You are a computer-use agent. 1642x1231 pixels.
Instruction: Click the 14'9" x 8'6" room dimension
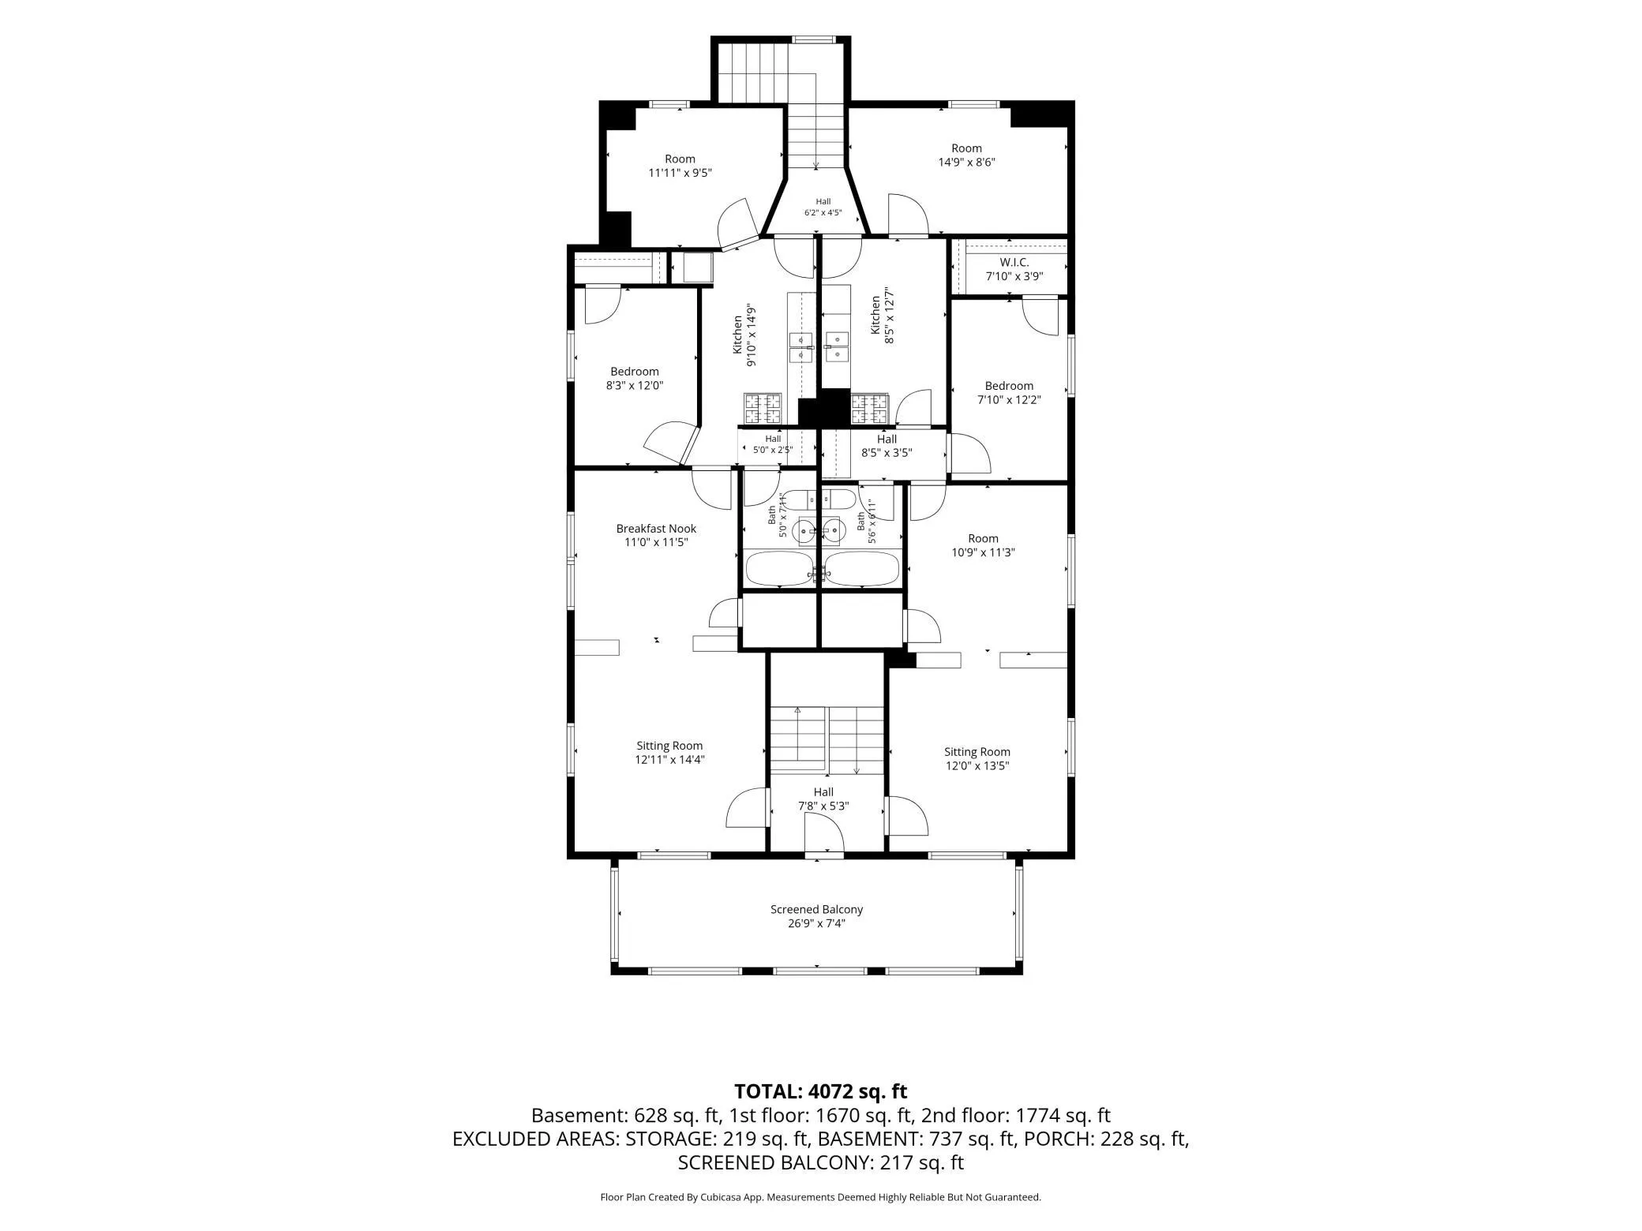966,163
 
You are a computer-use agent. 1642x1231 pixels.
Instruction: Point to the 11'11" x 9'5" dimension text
680,173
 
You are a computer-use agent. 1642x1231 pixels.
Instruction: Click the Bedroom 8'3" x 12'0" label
634,379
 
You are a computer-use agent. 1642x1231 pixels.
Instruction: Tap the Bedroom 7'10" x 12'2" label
1009,393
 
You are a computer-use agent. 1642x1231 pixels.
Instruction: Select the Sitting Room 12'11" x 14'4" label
669,753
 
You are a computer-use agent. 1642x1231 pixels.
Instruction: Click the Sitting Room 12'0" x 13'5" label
977,758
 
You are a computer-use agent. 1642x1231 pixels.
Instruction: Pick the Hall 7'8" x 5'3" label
823,799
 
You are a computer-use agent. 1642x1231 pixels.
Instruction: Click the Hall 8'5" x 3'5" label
887,446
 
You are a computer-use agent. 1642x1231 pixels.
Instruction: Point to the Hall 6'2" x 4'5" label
823,207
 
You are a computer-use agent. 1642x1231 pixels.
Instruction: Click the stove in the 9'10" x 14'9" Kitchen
763,408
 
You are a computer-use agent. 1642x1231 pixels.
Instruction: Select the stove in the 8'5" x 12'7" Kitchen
869,408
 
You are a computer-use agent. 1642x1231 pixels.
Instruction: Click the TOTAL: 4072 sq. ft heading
820,1091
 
